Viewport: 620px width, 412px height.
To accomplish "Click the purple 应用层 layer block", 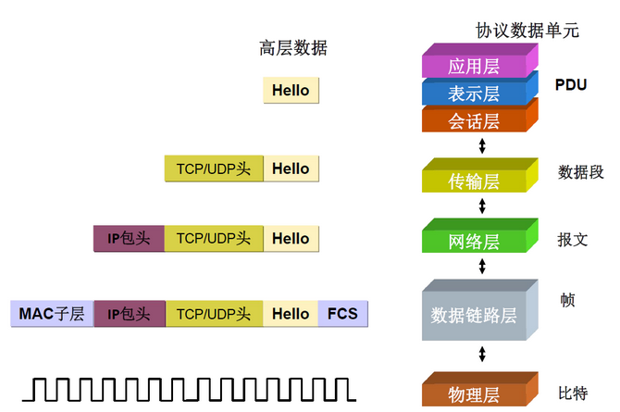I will point(473,67).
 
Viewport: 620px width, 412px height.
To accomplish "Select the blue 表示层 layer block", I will point(473,94).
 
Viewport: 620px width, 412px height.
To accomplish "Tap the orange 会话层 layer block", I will point(473,120).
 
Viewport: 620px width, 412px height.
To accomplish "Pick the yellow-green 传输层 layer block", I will point(473,179).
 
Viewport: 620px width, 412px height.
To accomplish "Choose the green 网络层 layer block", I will point(473,242).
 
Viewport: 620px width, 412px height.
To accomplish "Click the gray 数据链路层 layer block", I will point(473,315).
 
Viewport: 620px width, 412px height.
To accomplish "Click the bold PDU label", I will point(571,84).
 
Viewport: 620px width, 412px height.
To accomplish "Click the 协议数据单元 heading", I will point(527,30).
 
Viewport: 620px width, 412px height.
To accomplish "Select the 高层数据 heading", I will point(293,48).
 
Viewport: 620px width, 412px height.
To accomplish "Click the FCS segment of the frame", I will point(342,314).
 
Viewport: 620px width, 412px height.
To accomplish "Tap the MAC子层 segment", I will point(52,314).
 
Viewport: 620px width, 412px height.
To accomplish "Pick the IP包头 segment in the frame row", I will point(129,314).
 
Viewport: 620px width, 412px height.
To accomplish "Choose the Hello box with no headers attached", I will point(291,91).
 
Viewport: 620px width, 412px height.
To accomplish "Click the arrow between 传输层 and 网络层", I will point(481,206).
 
